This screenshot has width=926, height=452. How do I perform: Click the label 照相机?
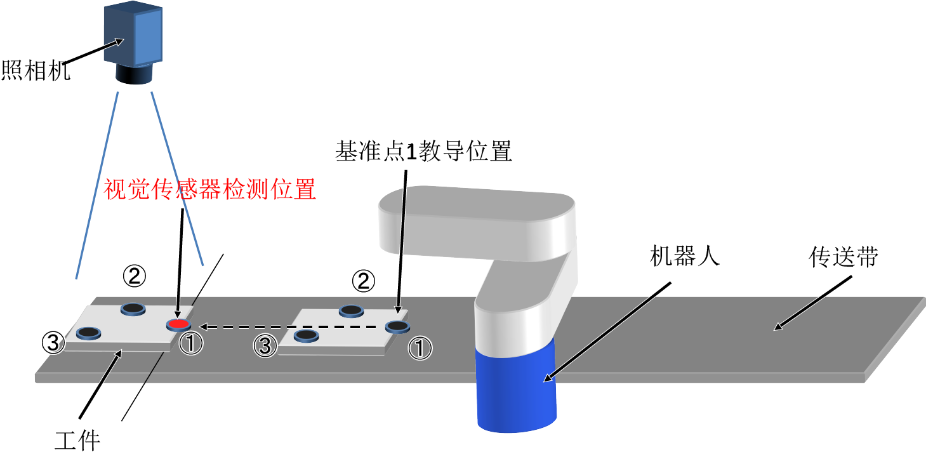36,70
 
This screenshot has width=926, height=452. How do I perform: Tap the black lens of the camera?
133,74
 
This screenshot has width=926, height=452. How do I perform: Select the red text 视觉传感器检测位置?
209,189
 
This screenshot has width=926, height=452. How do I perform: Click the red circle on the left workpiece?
178,324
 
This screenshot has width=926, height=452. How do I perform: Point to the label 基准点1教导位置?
424,151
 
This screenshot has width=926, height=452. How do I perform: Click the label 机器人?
685,256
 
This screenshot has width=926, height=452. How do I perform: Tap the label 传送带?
843,257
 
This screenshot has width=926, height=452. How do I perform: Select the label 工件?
77,440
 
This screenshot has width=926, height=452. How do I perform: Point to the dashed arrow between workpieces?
288,327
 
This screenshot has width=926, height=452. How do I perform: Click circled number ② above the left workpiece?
135,276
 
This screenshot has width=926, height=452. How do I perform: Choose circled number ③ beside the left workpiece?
53,343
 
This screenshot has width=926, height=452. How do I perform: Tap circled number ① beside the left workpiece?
190,343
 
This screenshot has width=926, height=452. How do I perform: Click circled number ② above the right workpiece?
364,281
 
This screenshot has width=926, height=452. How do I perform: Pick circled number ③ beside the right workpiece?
265,346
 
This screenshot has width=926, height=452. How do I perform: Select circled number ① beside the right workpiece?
420,348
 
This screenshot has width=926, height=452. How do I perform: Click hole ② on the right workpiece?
352,310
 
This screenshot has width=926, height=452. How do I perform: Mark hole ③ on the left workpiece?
88,333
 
